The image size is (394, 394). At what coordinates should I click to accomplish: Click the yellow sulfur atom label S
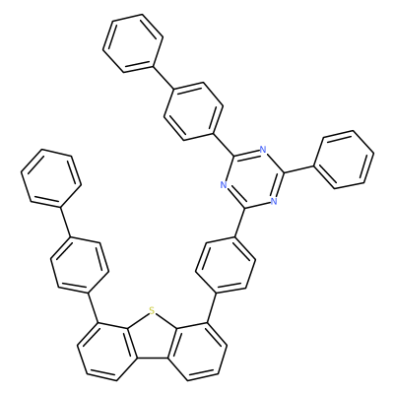click(151, 309)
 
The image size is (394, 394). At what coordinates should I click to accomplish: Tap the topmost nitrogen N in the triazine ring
click(262, 150)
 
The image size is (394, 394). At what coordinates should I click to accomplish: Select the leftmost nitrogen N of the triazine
click(224, 185)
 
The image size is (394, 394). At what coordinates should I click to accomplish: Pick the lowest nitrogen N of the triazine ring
click(274, 201)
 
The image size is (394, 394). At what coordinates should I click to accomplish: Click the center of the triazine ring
click(253, 178)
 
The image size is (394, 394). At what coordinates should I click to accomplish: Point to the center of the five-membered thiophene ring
click(151, 339)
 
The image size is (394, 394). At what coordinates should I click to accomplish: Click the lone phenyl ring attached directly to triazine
click(344, 160)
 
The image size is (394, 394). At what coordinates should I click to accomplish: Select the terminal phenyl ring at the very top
click(133, 42)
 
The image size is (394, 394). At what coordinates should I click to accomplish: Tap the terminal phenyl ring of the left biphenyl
click(51, 178)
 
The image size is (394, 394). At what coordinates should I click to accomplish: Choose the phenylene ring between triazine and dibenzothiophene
click(226, 264)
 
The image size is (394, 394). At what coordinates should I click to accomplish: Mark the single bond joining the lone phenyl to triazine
click(298, 169)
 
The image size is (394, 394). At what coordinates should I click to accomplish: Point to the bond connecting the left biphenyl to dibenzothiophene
click(94, 307)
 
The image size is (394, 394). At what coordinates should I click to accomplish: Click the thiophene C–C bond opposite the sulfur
click(153, 359)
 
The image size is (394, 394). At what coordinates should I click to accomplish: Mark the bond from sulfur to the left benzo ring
click(137, 319)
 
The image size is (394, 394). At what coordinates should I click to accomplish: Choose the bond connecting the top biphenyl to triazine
click(224, 145)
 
